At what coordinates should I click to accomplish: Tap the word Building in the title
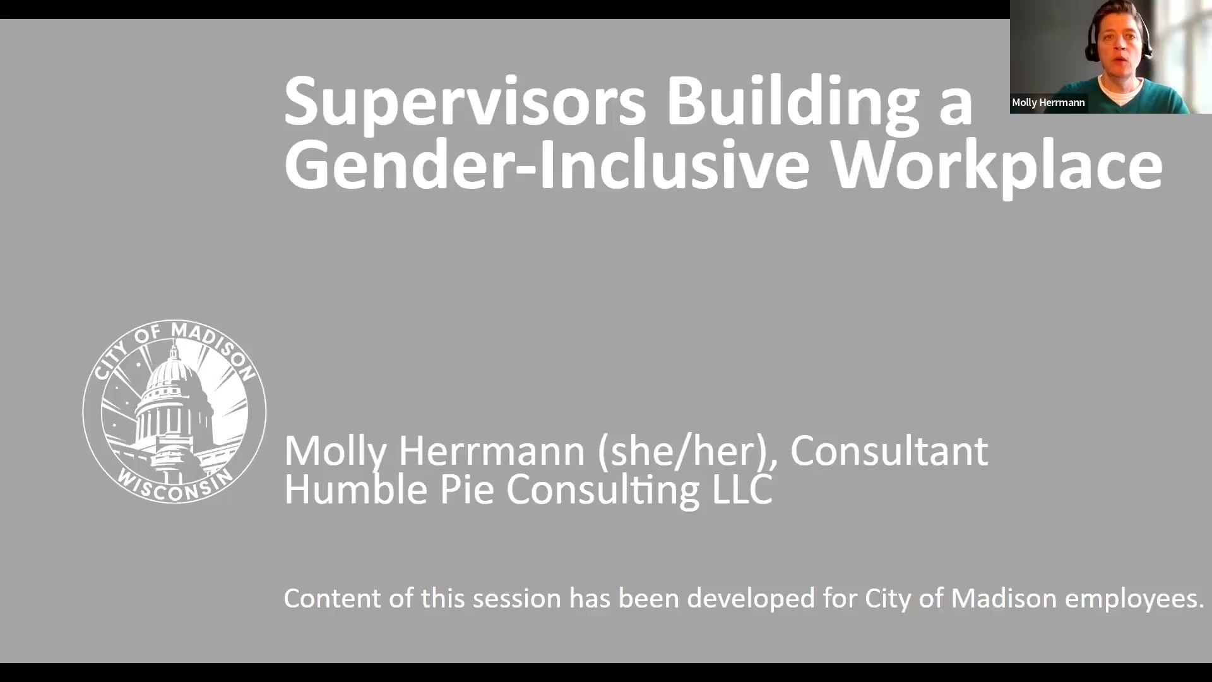[792, 101]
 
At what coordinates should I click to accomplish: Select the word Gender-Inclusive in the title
[547, 165]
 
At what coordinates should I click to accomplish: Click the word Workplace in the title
[996, 165]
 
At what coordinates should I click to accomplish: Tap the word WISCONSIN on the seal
[173, 488]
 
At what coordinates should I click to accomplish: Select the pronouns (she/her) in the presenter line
[687, 451]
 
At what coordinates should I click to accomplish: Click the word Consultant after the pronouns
[889, 451]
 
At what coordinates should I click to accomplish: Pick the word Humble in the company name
[356, 489]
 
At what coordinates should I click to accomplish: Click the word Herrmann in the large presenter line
[491, 451]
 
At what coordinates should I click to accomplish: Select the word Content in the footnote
[333, 598]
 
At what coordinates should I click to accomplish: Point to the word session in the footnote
[516, 598]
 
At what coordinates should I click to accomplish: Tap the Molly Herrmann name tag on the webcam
[1048, 102]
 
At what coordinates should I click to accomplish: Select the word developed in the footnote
[751, 598]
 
